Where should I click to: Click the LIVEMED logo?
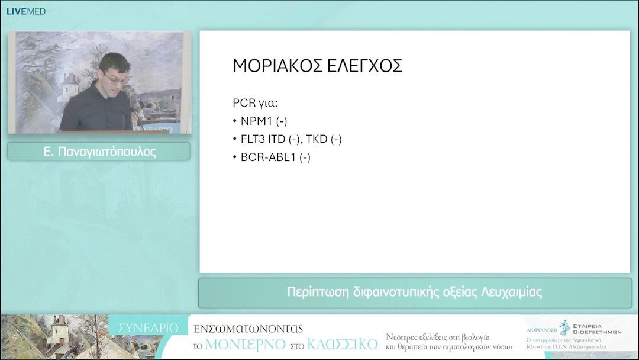click(x=25, y=11)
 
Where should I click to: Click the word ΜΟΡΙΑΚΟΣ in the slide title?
click(x=270, y=66)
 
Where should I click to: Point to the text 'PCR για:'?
click(x=255, y=103)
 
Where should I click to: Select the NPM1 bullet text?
click(x=263, y=121)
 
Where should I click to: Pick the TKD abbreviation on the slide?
click(x=317, y=140)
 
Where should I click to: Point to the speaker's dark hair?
click(x=114, y=62)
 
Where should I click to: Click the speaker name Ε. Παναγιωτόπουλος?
click(x=99, y=152)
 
